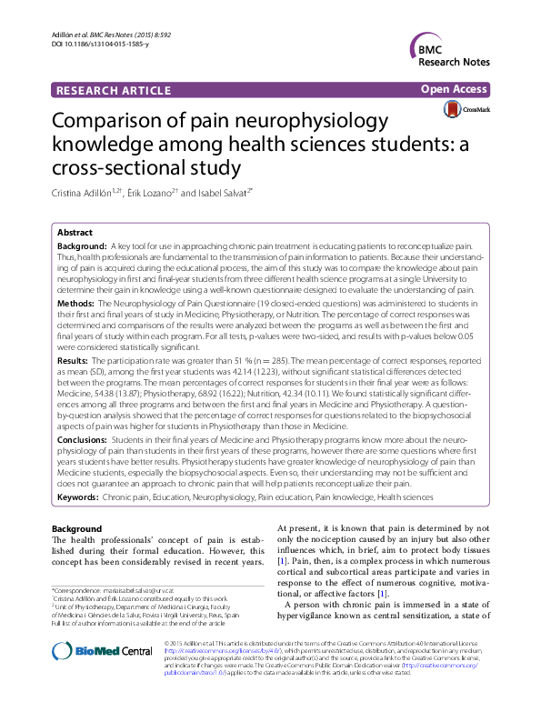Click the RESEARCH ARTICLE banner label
tap(114, 91)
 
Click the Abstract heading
tap(75, 234)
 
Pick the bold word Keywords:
tap(80, 497)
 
